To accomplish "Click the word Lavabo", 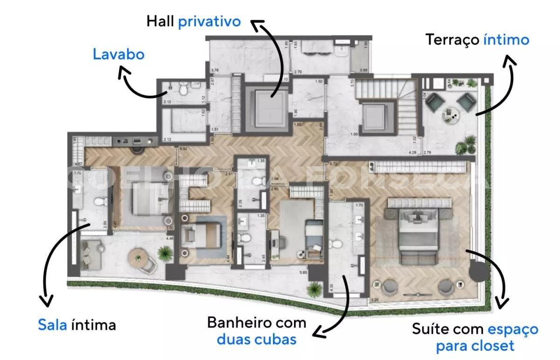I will [x=119, y=54].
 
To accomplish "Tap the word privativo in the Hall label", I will [x=209, y=21].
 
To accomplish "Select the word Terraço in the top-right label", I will [x=452, y=40].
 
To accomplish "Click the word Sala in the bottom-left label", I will [x=53, y=325].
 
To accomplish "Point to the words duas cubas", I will [x=257, y=339].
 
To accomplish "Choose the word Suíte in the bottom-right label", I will [x=431, y=329].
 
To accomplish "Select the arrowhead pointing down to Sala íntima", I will [x=46, y=301].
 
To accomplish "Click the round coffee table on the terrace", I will [x=450, y=113].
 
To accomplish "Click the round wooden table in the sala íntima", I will [x=138, y=255].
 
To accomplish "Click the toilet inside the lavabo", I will [x=184, y=87].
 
